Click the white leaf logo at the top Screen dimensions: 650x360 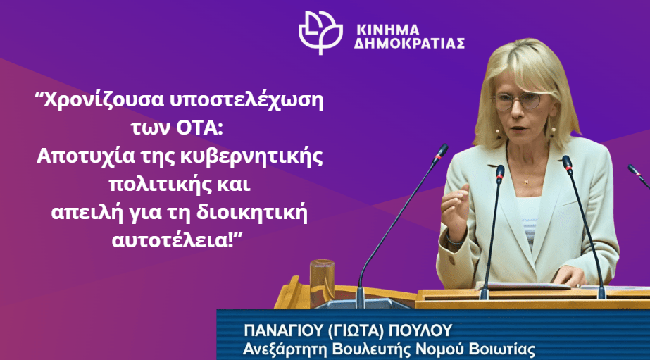[x=321, y=32]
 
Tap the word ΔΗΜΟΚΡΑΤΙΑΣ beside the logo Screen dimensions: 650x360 [x=408, y=44]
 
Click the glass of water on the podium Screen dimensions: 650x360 [x=322, y=278]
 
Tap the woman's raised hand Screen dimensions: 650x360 [x=455, y=211]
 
